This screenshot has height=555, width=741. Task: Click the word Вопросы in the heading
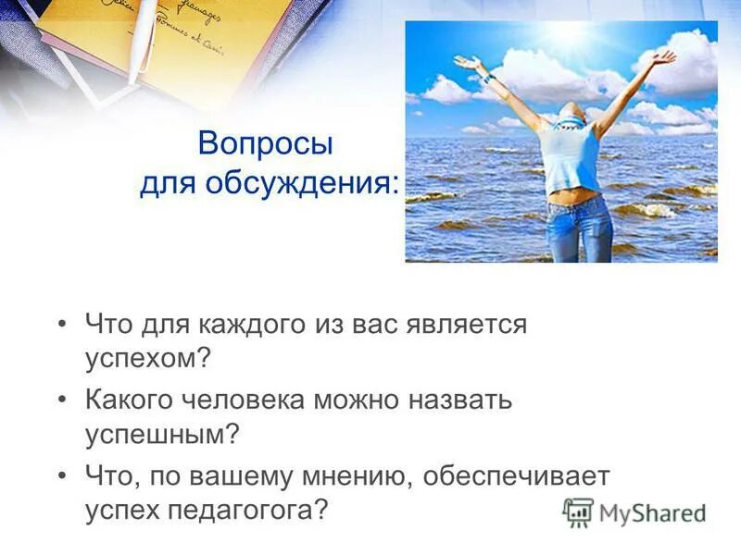(x=265, y=145)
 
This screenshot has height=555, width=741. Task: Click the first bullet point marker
(x=62, y=326)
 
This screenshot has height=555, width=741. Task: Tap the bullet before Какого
(x=62, y=401)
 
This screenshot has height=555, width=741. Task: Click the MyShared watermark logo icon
(x=579, y=512)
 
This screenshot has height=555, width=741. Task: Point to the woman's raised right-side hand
(x=664, y=57)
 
